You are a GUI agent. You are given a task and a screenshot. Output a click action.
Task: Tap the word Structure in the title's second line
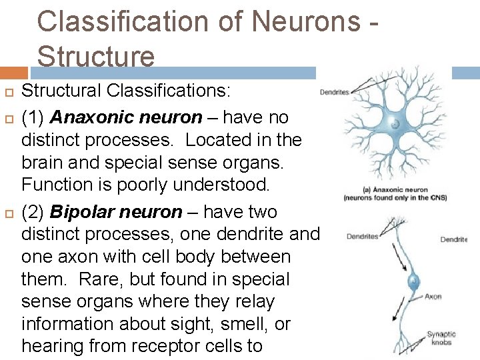click(96, 56)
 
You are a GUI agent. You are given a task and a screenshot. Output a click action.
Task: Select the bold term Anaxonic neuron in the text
click(126, 118)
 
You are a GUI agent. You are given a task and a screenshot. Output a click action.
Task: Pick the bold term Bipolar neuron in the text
click(116, 213)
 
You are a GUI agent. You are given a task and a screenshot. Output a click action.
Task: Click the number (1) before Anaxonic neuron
click(33, 118)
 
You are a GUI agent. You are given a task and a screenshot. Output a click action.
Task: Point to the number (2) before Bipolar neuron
click(33, 213)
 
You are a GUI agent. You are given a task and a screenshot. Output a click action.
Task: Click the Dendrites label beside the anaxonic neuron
click(334, 93)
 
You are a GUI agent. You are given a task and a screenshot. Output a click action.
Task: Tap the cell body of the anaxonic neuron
click(395, 124)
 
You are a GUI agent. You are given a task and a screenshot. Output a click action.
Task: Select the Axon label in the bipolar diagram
click(433, 297)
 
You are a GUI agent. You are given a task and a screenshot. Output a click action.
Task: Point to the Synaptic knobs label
click(441, 339)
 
